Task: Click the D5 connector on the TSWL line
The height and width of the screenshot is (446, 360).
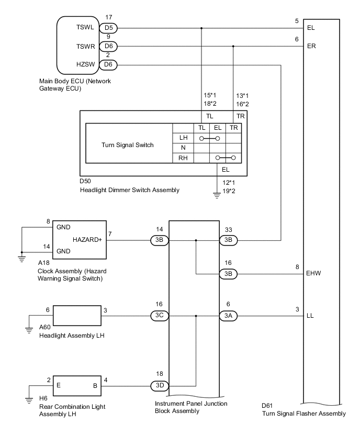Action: (x=109, y=29)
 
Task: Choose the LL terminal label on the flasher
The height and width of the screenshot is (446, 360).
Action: (x=312, y=316)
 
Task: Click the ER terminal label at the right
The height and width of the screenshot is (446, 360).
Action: (x=312, y=46)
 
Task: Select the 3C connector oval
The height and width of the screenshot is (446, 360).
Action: (x=160, y=316)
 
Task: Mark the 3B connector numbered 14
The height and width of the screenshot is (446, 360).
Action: (x=160, y=240)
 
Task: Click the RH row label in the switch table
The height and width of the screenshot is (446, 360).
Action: (x=183, y=157)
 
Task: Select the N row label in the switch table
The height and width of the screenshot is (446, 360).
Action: (x=183, y=147)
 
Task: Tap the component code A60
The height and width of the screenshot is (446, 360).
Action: (x=46, y=328)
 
